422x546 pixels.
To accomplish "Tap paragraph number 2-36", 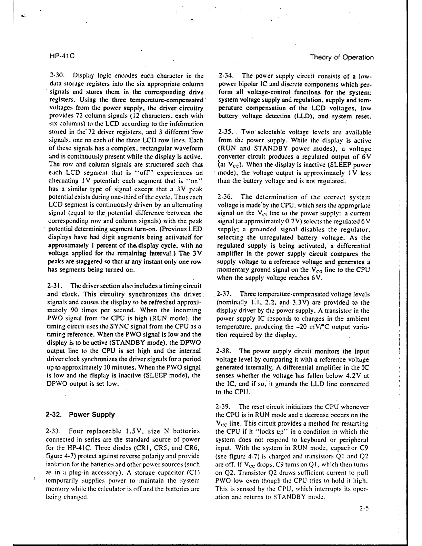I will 226,198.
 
